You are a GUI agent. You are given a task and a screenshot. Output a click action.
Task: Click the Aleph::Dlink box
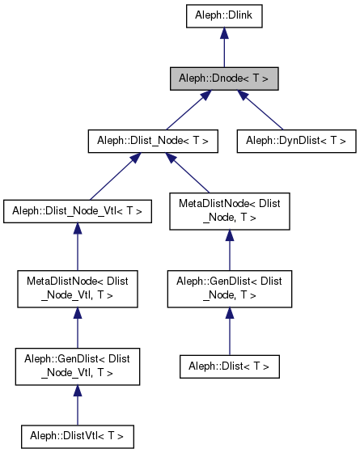click(224, 15)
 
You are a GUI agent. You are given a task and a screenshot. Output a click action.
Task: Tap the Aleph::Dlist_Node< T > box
click(153, 141)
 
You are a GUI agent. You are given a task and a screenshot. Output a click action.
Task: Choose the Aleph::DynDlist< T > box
click(296, 141)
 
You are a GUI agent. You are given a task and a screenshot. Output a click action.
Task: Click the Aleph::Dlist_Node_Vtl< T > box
click(77, 211)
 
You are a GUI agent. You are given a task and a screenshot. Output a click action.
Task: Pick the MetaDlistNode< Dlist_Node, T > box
click(230, 211)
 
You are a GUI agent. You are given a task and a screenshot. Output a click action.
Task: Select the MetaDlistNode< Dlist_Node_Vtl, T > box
click(77, 289)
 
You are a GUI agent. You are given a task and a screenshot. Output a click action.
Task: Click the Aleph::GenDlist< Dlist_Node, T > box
click(230, 289)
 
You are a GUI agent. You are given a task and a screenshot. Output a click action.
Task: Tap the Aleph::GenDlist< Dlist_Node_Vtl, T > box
click(77, 366)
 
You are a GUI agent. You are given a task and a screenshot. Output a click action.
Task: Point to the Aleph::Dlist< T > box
click(230, 366)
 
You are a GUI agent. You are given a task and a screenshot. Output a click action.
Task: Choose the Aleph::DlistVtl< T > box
click(77, 436)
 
